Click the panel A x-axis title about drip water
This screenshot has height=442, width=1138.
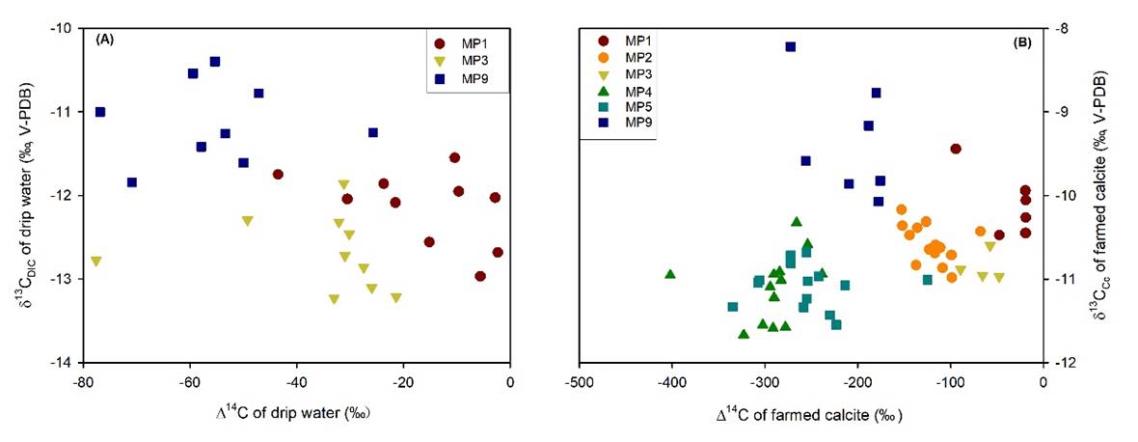coord(292,414)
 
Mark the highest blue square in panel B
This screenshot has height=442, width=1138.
coord(791,46)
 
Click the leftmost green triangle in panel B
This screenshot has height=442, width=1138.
coord(670,274)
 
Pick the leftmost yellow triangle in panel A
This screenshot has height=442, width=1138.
coord(95,262)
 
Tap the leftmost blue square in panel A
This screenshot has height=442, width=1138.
coord(100,112)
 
